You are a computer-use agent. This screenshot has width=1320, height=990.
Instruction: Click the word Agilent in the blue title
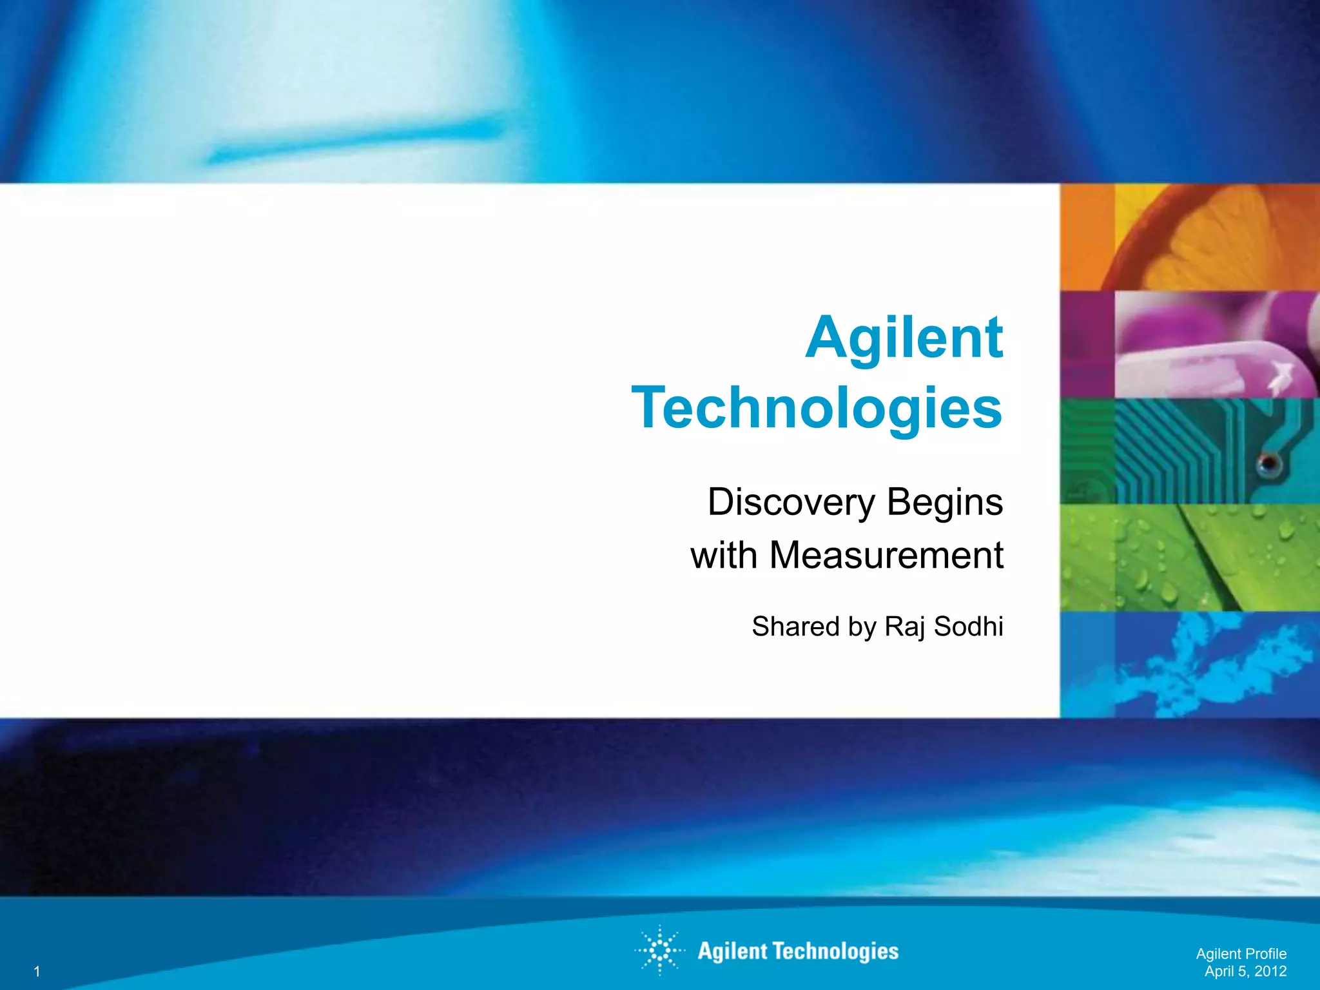point(904,339)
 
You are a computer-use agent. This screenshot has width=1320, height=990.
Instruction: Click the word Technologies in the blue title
point(817,409)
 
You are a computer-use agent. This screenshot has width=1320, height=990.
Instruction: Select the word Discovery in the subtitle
point(791,502)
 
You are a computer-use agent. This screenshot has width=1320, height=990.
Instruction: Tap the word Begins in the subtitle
point(945,503)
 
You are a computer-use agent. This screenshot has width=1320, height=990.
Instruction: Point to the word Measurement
point(886,556)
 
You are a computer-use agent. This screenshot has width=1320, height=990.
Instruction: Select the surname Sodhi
point(969,626)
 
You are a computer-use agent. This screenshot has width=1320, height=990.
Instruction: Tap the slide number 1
point(37,971)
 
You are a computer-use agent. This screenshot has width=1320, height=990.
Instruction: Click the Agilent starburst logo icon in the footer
point(659,951)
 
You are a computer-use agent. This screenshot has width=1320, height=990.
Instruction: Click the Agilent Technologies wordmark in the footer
point(798,951)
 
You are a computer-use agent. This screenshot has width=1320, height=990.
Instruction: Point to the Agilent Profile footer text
point(1241,954)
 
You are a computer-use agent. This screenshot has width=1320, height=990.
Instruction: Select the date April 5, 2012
point(1245,971)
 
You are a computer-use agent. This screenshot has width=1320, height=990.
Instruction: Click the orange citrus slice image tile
point(1190,237)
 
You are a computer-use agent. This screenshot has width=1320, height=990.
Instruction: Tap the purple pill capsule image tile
point(1190,344)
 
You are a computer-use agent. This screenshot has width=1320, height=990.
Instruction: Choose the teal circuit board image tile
point(1190,451)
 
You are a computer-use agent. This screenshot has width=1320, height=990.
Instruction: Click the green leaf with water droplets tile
point(1190,558)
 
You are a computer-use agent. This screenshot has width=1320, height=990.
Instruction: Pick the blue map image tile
point(1190,665)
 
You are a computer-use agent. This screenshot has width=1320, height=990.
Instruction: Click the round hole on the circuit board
point(1267,463)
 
